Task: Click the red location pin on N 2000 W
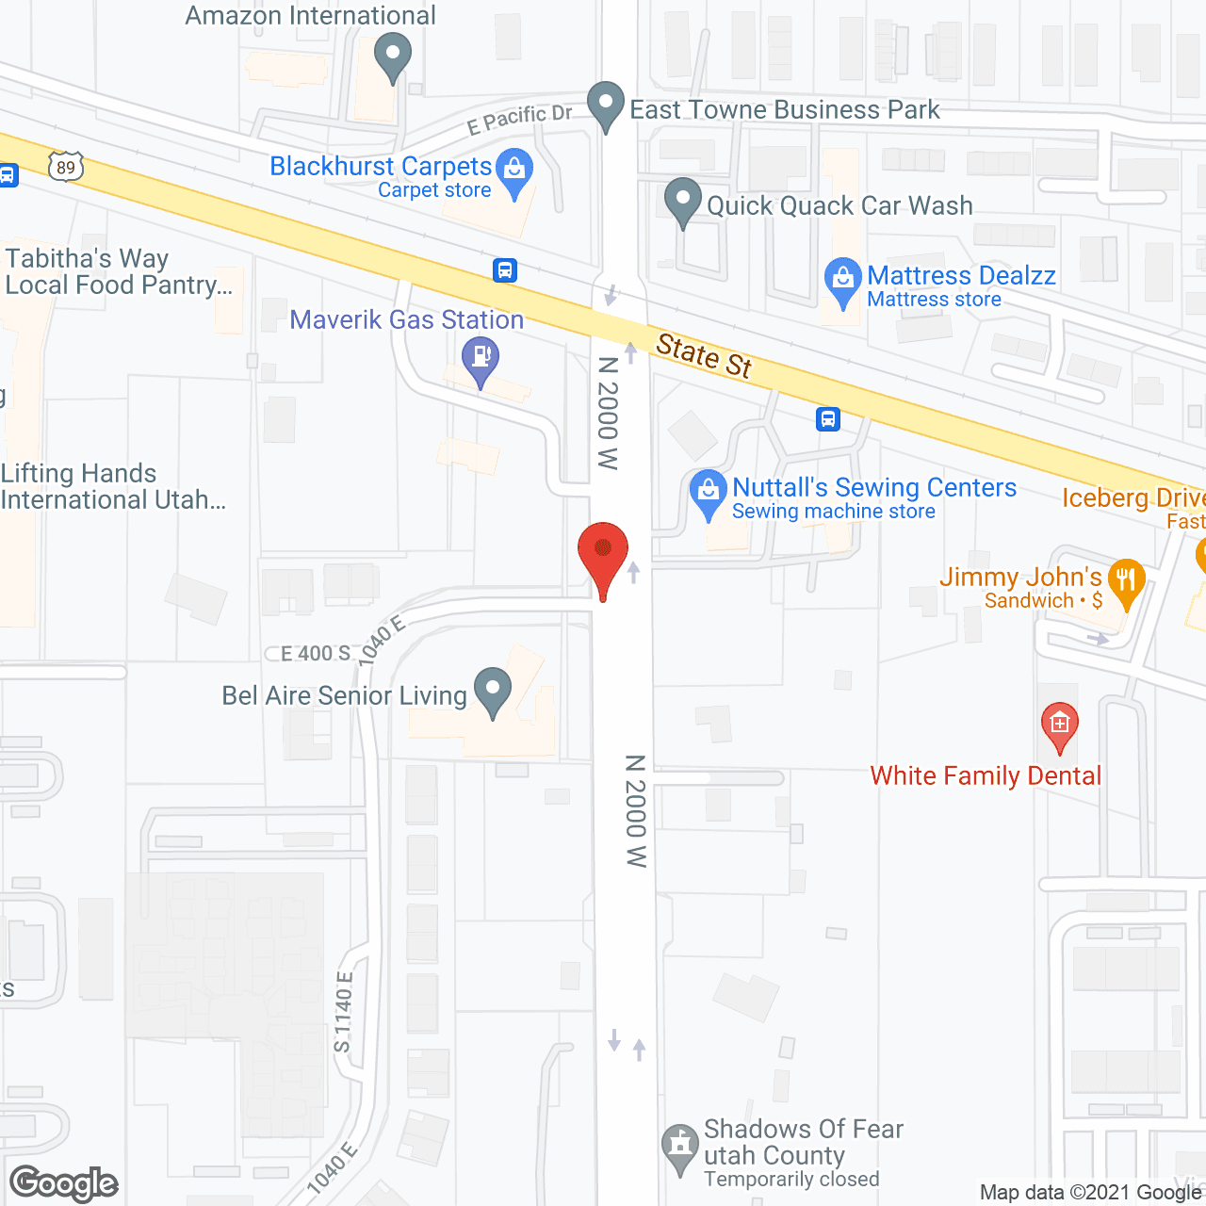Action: [x=602, y=553]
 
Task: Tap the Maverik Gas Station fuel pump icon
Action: [x=481, y=358]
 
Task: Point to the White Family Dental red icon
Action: [x=1059, y=725]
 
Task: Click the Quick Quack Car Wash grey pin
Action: [x=683, y=200]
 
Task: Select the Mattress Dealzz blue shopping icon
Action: [x=842, y=279]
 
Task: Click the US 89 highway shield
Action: [x=65, y=168]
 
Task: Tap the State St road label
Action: [x=704, y=355]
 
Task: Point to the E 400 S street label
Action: [x=316, y=653]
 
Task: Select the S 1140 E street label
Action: [x=343, y=1012]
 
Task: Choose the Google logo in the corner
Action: [x=64, y=1182]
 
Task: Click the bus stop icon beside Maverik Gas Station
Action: [x=505, y=270]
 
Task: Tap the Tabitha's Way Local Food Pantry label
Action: [x=118, y=271]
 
